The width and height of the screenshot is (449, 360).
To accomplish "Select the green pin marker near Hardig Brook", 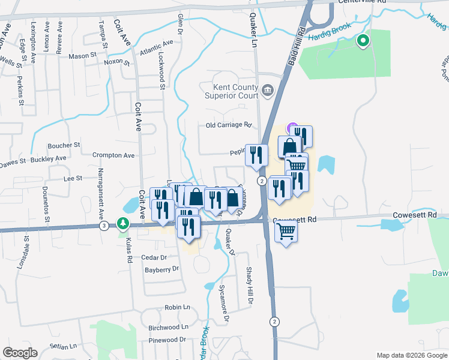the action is point(363,41).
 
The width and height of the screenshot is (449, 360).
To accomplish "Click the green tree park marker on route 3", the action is point(123,223).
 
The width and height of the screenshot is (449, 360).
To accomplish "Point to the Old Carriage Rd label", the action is point(228,125).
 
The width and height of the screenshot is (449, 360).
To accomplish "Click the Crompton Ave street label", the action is point(113,155).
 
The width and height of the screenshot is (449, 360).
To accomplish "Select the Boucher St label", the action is point(64,145).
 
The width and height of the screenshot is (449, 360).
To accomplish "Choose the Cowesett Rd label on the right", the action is point(413,214).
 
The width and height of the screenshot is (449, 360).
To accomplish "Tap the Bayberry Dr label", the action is point(163,269).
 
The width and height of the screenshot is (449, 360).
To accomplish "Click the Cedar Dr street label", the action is point(154,257).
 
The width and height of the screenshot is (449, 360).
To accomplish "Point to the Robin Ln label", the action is point(177,307).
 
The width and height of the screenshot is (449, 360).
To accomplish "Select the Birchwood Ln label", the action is point(168,328).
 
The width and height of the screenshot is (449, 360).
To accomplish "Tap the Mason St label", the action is point(83,55).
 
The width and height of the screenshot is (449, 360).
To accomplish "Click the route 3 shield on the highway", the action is point(104,226).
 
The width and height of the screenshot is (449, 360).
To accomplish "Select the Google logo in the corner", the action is point(20,353).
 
